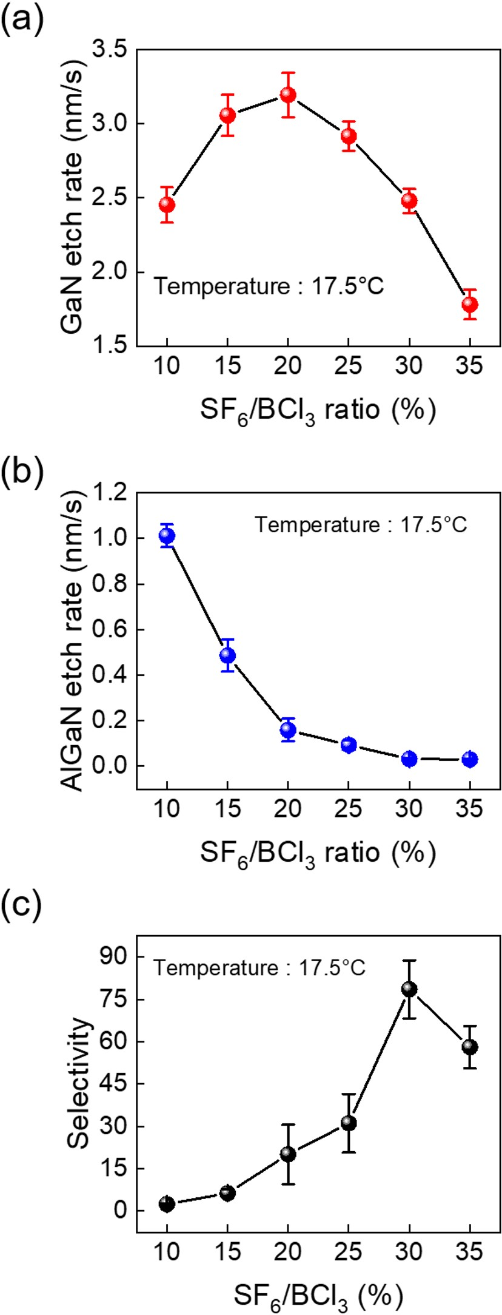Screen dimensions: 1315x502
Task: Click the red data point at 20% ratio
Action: [x=288, y=95]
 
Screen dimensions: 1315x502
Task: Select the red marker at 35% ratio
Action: [x=470, y=304]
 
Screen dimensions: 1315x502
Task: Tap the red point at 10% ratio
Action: [x=167, y=205]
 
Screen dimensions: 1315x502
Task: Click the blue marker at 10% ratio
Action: [x=167, y=535]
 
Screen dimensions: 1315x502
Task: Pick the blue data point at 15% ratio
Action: [x=227, y=655]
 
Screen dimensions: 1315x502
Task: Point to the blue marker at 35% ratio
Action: [x=470, y=759]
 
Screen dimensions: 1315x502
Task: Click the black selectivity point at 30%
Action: [x=409, y=990]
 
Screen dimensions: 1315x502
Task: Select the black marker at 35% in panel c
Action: [x=470, y=1047]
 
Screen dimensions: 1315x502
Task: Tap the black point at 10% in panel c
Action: [x=167, y=1204]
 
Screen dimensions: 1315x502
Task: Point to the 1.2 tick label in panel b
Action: [x=110, y=493]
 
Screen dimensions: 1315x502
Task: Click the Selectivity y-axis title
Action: [x=79, y=1086]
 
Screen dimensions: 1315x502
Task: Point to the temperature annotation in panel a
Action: [x=269, y=286]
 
